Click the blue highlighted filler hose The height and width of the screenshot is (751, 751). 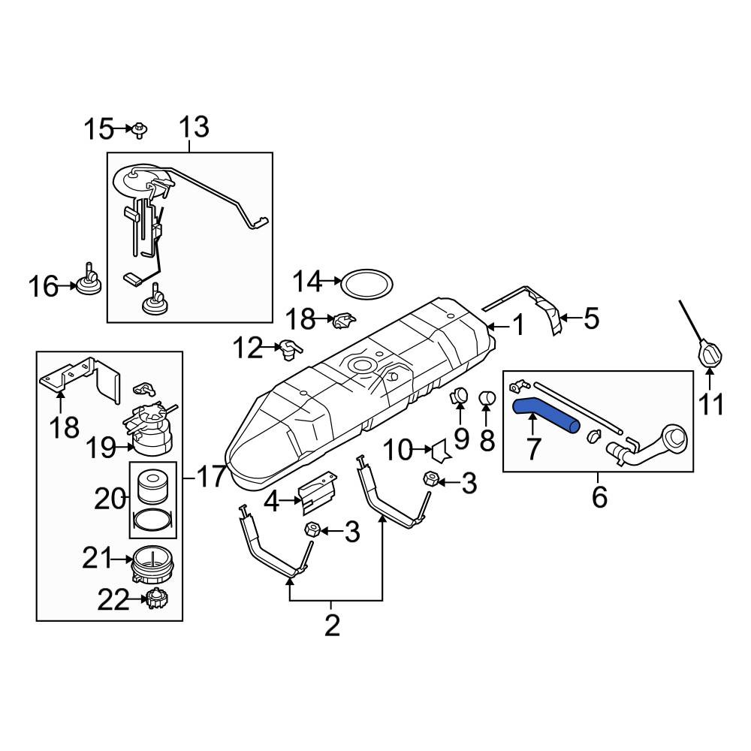tap(545, 416)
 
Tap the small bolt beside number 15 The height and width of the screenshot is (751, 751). tap(140, 131)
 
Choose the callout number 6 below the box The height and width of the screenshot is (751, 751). tap(599, 496)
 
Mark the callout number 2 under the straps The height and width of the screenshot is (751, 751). tap(332, 625)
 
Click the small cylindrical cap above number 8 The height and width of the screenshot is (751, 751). tap(487, 397)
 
